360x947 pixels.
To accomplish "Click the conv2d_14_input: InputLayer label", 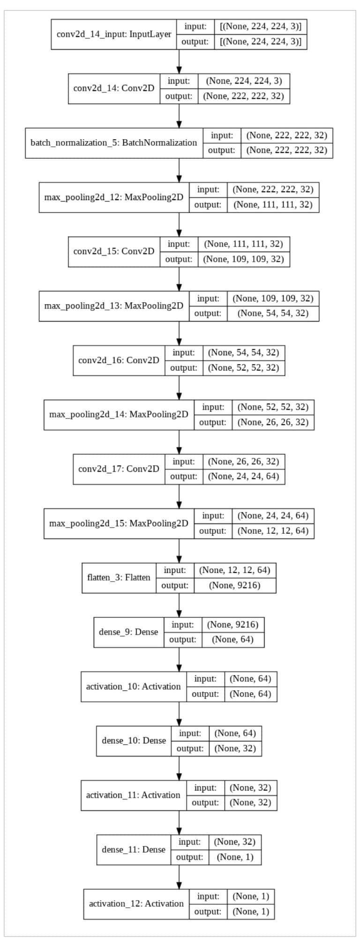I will [114, 34].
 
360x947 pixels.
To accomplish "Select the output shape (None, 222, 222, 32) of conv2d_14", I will [244, 96].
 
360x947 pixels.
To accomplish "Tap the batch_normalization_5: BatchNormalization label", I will [114, 142].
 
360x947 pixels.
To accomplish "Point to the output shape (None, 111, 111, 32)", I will [273, 205].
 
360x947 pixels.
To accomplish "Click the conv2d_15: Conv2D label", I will [114, 251].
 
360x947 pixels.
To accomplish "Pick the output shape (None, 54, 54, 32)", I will [273, 313].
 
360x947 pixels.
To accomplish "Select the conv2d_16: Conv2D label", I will [119, 360].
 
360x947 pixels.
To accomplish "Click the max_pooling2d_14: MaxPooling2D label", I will [119, 414].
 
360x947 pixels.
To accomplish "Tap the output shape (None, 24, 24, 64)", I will [244, 476].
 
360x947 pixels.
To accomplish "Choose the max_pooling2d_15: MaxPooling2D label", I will [119, 523].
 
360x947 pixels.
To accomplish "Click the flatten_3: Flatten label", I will [119, 577].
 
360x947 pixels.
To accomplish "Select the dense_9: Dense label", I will [128, 632].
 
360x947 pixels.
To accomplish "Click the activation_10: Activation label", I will [133, 686].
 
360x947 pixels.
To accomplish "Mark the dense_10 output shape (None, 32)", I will [235, 748].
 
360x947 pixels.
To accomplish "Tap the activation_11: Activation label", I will [133, 795].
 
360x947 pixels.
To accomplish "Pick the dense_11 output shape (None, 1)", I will [235, 857].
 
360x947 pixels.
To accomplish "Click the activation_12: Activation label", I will [136, 903].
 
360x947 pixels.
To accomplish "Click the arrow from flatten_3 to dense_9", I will [179, 605].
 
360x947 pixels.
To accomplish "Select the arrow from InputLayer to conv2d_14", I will [179, 61].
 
